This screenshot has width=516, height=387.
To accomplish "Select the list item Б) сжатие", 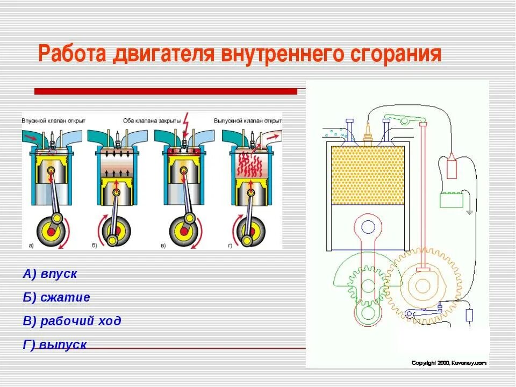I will click(56, 297).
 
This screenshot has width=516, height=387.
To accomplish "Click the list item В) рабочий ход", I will click(72, 321).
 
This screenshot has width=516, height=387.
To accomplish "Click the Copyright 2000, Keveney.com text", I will click(448, 363).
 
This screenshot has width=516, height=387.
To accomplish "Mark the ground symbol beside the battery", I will click(470, 211).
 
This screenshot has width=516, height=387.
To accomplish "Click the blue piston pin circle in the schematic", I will click(368, 227).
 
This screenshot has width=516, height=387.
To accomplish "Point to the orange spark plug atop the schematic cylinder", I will click(368, 132).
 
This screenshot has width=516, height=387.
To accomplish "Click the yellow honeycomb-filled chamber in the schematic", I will click(368, 175).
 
